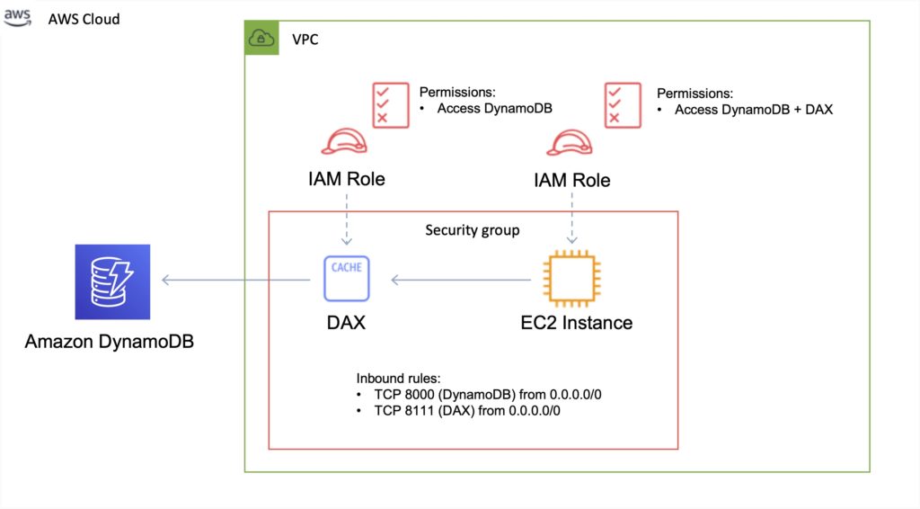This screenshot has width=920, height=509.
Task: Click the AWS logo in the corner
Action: coord(17,18)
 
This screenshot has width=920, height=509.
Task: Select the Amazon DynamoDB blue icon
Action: coord(112,281)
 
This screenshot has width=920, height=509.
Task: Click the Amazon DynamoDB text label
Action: coord(110,342)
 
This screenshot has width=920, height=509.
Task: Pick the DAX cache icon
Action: coord(347,279)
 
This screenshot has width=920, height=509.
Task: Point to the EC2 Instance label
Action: coord(577,322)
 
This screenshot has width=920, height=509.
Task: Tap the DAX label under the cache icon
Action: coord(347,321)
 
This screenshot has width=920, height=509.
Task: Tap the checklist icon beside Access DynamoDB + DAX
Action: coord(624,104)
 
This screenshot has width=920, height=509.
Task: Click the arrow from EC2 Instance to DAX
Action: coord(461,281)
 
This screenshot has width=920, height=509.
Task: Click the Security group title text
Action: coord(472,230)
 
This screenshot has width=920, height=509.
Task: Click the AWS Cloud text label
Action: coord(84,19)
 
